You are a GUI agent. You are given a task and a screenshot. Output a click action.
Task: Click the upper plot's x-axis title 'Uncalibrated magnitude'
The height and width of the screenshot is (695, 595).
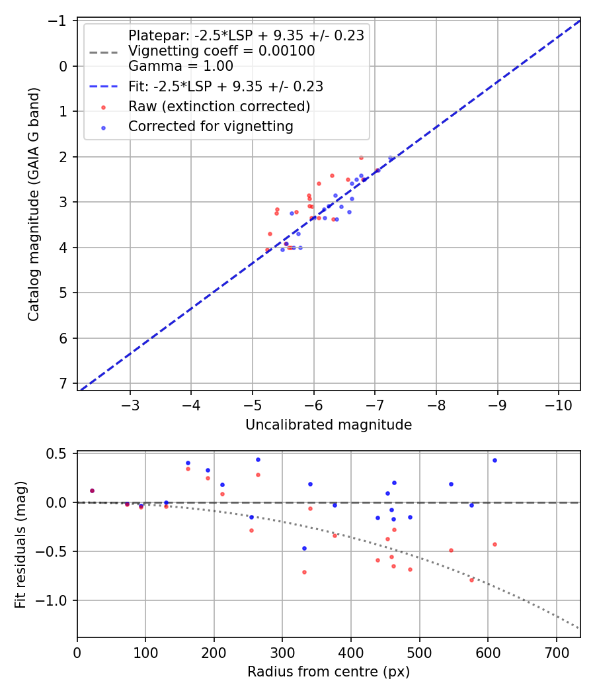pos(329,425)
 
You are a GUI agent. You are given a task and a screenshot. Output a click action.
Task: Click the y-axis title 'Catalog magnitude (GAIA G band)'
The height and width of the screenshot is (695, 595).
pos(34,206)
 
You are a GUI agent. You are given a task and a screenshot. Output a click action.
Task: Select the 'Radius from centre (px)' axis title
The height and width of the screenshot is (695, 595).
pos(329,672)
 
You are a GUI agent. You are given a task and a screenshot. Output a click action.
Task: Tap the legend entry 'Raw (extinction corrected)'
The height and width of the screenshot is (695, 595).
pos(219,107)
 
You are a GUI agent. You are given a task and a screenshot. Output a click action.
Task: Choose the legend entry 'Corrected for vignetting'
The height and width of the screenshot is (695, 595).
pos(211,126)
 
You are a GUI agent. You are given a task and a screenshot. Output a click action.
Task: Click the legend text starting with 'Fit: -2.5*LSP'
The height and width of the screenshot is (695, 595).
pos(225,86)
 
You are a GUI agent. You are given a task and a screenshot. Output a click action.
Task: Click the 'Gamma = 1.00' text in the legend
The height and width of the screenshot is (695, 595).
pos(180,66)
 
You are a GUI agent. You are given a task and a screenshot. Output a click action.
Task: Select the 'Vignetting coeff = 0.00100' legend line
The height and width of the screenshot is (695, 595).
pos(221,51)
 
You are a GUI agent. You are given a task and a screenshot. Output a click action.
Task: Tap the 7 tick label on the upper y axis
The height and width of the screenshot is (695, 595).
pos(63,384)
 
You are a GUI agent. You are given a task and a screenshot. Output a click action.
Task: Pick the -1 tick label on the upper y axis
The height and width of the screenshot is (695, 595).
pos(59,21)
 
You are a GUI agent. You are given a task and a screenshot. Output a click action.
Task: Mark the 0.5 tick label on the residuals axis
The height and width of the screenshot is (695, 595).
pos(59,453)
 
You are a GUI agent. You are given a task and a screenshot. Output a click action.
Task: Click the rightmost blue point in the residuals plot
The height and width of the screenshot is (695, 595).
pos(495,460)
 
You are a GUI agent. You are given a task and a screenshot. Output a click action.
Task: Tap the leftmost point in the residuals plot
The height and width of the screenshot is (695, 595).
pos(92,490)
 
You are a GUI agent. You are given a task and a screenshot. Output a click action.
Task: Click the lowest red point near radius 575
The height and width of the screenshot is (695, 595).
pos(471,580)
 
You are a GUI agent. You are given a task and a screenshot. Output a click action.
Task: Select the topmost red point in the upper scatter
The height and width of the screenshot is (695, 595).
pos(361,158)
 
